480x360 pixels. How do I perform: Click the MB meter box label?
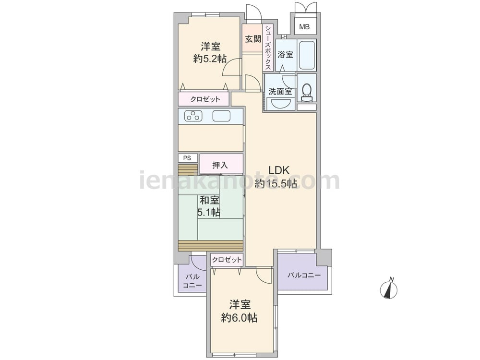pyautogui.click(x=304, y=27)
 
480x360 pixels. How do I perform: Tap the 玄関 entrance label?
pyautogui.click(x=253, y=39)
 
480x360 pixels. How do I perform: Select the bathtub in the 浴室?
pyautogui.click(x=307, y=55)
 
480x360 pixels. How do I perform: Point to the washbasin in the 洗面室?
pyautogui.click(x=280, y=103)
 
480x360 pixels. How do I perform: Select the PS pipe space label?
pyautogui.click(x=187, y=158)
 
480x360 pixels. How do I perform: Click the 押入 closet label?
pyautogui.click(x=220, y=165)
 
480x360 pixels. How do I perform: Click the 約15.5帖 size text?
pyautogui.click(x=276, y=183)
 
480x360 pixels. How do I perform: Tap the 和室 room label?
pyautogui.click(x=210, y=201)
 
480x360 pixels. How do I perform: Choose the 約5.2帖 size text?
pyautogui.click(x=210, y=59)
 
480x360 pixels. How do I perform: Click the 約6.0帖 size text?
pyautogui.click(x=240, y=318)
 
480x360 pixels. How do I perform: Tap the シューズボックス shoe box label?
pyautogui.click(x=268, y=48)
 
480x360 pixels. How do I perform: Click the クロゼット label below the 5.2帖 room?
pyautogui.click(x=205, y=99)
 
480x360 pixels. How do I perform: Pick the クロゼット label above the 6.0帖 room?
pyautogui.click(x=227, y=260)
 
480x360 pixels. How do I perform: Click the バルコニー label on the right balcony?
pyautogui.click(x=304, y=275)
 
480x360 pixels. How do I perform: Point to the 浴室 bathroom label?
pyautogui.click(x=285, y=55)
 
